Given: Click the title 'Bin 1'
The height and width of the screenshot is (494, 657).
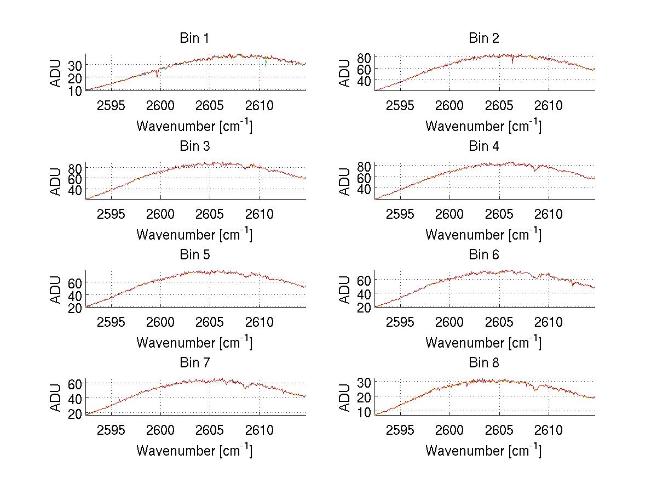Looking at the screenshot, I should click(194, 38).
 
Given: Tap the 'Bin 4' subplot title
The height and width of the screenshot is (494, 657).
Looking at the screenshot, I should click(483, 146).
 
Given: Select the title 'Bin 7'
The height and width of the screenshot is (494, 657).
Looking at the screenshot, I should click(194, 363).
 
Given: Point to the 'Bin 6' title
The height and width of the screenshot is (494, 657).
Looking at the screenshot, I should click(483, 255).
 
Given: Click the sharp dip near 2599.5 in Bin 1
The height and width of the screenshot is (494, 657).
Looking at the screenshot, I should click(157, 73).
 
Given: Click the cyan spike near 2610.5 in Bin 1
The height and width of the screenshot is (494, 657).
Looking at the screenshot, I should click(266, 63).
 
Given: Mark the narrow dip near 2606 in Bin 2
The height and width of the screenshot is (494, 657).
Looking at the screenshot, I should click(512, 60).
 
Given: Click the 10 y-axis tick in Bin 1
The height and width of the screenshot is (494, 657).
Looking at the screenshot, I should click(75, 90).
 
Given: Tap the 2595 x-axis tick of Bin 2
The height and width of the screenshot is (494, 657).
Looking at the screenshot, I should click(400, 105).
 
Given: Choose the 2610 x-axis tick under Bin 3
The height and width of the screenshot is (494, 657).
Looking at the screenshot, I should click(260, 214).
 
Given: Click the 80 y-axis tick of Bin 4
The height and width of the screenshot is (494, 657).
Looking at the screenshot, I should click(364, 166).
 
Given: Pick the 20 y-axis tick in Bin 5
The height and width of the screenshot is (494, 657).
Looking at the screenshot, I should click(75, 308).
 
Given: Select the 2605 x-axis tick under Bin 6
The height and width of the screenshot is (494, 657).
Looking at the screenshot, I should click(499, 322).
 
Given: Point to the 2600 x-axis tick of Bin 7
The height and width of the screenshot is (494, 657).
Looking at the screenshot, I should click(160, 430).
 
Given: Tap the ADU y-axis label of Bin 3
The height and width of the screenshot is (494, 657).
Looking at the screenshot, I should click(56, 181).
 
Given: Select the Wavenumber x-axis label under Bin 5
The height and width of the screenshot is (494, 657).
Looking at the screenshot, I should click(194, 343).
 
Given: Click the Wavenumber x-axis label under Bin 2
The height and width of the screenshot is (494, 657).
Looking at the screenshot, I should click(483, 126).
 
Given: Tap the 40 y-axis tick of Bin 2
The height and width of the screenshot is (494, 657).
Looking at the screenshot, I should click(364, 81).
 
